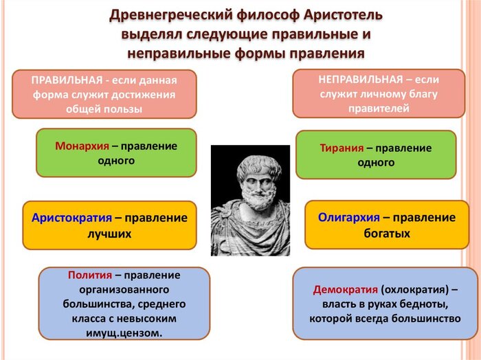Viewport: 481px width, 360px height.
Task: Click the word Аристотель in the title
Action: tap(344, 15)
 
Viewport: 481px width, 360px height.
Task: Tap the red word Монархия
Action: tap(82, 146)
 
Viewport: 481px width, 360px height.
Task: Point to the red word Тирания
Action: tap(342, 148)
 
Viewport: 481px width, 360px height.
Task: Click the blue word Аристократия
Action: tap(71, 218)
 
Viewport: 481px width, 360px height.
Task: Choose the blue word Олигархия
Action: tap(349, 218)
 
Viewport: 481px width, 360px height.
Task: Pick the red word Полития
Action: tap(90, 275)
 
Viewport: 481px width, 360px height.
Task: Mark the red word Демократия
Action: tap(346, 290)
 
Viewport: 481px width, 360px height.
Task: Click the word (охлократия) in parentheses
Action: tap(415, 290)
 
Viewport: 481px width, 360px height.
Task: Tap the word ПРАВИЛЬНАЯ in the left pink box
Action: tap(67, 80)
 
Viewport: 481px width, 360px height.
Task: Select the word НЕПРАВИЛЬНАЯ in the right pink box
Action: tap(360, 80)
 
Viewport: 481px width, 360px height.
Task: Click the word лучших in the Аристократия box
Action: tap(109, 234)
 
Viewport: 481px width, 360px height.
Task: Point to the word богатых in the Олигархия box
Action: tap(387, 234)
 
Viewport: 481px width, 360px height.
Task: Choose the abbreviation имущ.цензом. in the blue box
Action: tap(124, 333)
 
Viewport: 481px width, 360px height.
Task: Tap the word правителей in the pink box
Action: tap(379, 109)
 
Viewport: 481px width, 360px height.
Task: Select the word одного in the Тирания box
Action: tap(376, 163)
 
